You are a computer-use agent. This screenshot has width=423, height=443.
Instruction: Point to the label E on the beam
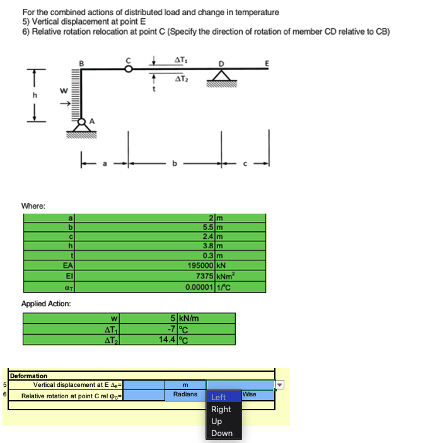tap(269, 62)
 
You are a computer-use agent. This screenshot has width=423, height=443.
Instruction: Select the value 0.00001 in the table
tap(199, 286)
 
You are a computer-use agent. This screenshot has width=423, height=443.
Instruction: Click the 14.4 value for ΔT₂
tap(168, 340)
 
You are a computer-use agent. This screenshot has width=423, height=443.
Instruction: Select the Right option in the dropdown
tap(221, 409)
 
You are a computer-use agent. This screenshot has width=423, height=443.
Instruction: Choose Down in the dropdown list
tap(222, 433)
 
